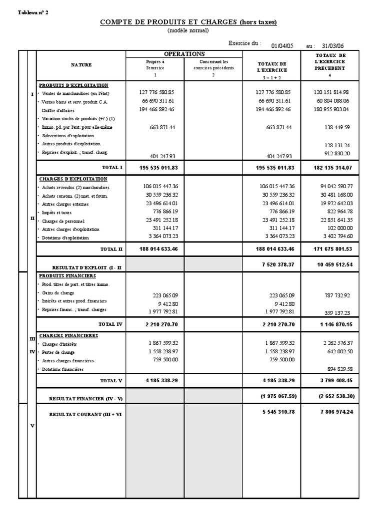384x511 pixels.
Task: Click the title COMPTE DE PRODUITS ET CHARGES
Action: point(188,22)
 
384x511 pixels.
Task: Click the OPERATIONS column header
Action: point(184,54)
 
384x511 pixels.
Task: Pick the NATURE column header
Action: point(81,65)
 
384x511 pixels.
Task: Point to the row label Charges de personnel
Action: point(63,221)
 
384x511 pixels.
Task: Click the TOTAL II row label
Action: point(111,248)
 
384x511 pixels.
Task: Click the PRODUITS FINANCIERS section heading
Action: point(67,275)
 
